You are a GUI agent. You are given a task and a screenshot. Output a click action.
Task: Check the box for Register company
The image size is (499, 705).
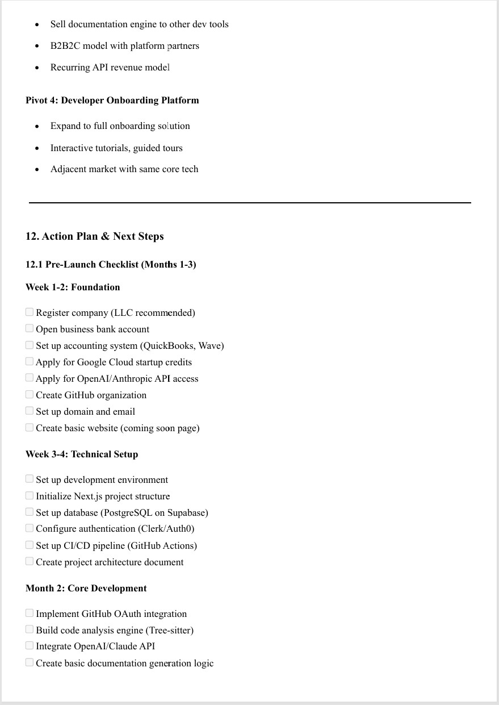pos(30,312)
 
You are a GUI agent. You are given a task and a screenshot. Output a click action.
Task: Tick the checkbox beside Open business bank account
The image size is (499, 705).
pos(30,328)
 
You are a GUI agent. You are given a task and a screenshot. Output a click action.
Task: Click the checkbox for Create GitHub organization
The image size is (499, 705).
pos(30,394)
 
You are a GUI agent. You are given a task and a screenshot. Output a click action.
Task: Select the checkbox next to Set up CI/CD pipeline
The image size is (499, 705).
pos(30,545)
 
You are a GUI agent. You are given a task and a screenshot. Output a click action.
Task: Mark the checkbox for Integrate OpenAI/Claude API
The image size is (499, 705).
pos(30,645)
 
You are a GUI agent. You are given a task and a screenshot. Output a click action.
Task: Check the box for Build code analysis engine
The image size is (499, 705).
pos(30,629)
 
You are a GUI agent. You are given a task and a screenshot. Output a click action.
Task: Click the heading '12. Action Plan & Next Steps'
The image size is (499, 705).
pos(94,236)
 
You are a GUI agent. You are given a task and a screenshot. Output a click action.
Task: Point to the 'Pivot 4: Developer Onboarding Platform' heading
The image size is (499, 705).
pos(112,101)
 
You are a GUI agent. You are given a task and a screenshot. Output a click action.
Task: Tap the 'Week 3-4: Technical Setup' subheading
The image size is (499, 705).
pos(82,454)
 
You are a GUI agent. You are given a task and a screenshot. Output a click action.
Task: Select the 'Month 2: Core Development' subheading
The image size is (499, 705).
pos(86,589)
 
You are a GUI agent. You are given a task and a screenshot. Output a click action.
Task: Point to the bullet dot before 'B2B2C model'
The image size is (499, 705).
pos(37,46)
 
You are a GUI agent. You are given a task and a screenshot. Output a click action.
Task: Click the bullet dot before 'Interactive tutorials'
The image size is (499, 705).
pos(37,148)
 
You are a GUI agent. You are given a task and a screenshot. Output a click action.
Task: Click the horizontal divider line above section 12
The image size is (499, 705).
pos(250,202)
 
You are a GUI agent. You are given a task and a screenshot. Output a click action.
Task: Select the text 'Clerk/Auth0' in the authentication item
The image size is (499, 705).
pos(166,529)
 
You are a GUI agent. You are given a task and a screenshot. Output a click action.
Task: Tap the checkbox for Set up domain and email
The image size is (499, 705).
pos(30,411)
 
